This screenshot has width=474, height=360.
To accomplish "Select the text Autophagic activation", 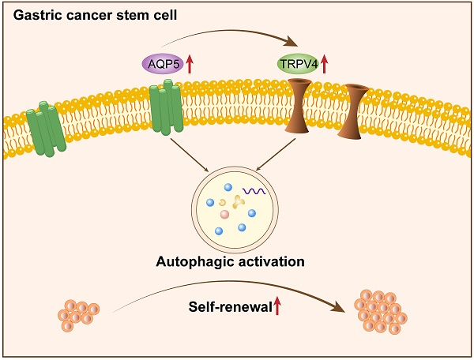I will coord(236,260).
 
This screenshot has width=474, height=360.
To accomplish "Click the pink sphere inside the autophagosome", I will coord(224,214).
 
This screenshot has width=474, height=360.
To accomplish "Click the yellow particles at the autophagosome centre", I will coord(235,202).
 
